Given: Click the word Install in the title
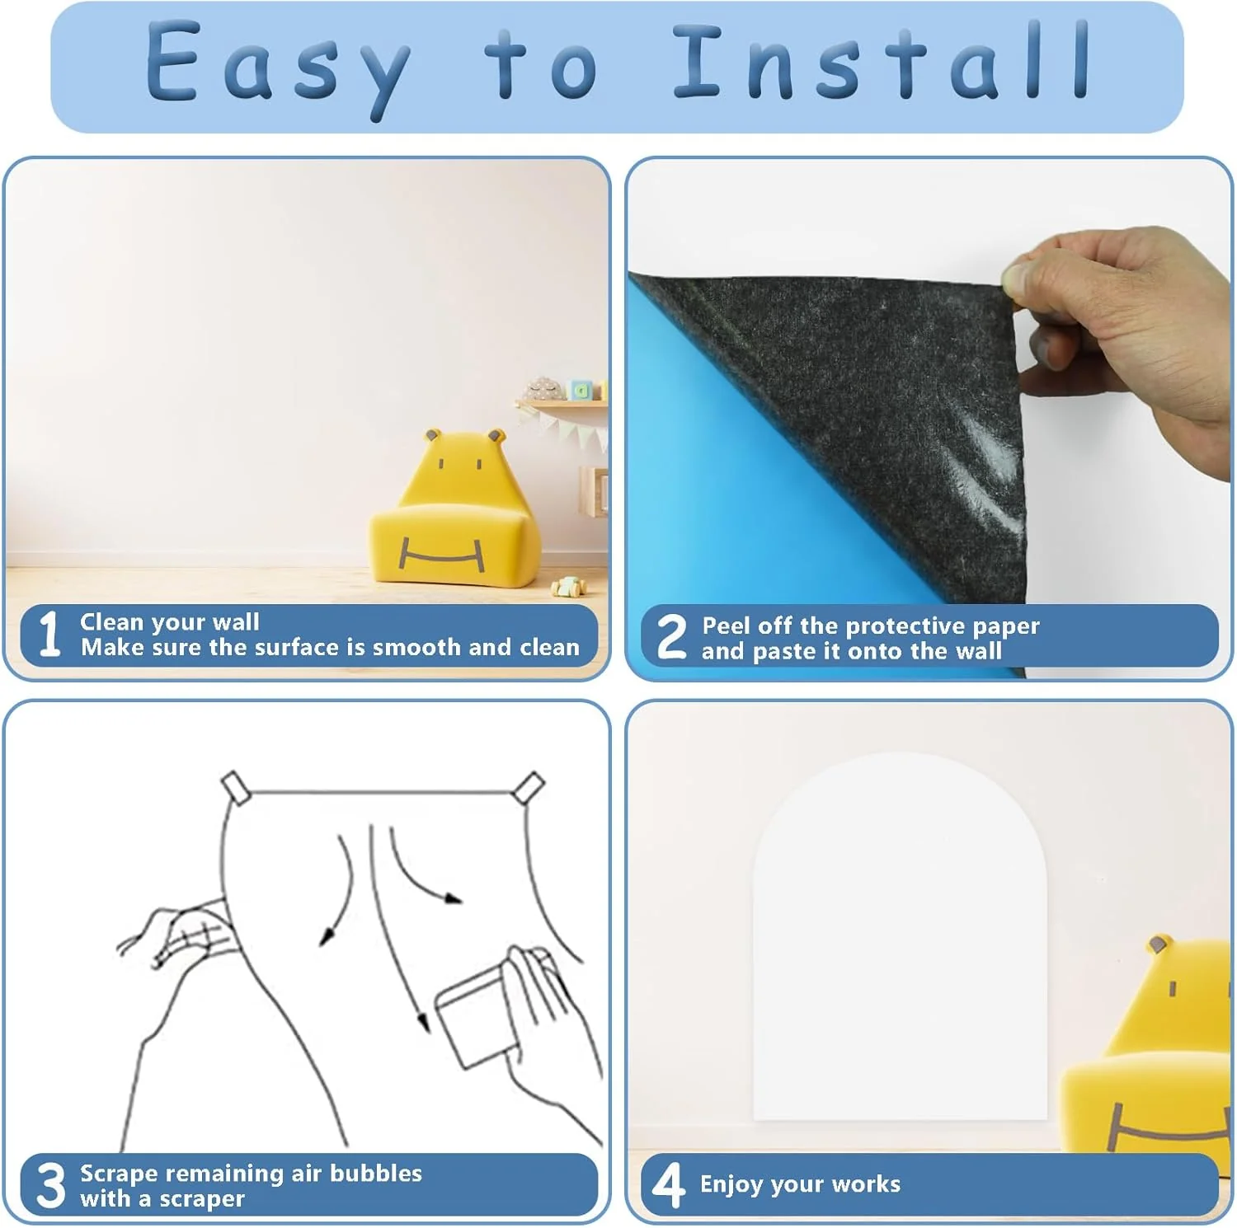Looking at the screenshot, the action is pyautogui.click(x=882, y=61).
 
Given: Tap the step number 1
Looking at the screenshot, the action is pyautogui.click(x=49, y=634).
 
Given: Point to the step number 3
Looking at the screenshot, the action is pyautogui.click(x=51, y=1185).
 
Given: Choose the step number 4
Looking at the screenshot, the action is pyautogui.click(x=668, y=1185).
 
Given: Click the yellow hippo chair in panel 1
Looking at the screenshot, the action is pyautogui.click(x=454, y=508).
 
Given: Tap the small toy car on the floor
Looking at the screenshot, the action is pyautogui.click(x=568, y=586).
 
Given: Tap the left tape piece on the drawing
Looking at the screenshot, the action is pyautogui.click(x=236, y=787).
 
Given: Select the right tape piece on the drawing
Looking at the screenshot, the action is pyautogui.click(x=528, y=788).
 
